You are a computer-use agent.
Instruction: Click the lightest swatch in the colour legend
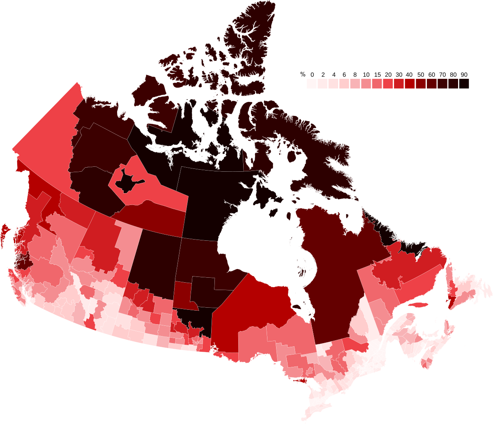pos(311,83)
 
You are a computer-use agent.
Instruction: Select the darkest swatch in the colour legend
pos(464,83)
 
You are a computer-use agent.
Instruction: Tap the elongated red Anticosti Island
pos(417,305)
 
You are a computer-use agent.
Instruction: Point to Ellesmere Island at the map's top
pos(246,45)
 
